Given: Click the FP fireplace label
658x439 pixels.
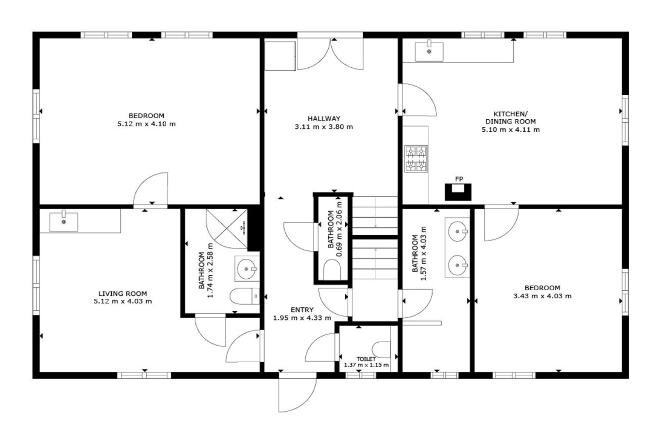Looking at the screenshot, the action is point(459,179).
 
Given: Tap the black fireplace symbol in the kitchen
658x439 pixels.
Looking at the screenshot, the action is point(458,192).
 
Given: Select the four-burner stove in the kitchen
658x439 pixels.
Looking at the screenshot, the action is point(416,159).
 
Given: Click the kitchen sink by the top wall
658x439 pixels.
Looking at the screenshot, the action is point(429,51).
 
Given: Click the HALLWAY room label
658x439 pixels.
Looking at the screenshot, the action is point(324,118).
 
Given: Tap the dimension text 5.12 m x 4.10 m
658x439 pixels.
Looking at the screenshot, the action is point(147,124).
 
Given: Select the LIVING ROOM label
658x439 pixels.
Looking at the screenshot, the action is point(123,293).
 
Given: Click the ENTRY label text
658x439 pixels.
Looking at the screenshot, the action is point(302,310).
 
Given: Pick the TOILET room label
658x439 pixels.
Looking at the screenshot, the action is point(366,359).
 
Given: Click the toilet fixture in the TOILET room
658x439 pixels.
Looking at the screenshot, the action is point(381,349).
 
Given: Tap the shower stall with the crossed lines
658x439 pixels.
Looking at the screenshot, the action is point(227,229).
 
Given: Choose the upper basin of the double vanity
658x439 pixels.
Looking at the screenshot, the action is point(458,232).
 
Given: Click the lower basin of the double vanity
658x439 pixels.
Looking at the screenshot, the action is point(458,265).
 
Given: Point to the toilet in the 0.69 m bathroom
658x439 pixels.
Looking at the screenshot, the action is point(332,270).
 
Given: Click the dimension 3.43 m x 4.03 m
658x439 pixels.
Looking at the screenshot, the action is point(542,296).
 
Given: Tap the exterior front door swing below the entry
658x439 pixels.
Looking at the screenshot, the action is point(297,395).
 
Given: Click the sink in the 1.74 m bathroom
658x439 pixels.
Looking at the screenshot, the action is point(247,269).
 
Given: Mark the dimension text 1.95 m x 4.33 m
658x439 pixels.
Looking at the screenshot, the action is point(302,318).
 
